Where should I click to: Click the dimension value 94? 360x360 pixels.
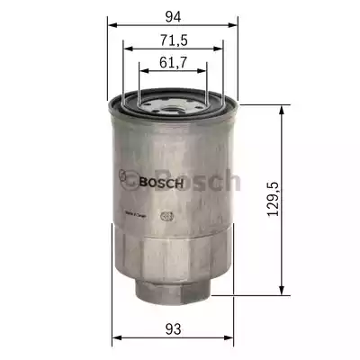[173, 15]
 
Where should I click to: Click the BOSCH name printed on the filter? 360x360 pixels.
[163, 182]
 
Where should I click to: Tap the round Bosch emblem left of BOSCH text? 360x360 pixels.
[129, 181]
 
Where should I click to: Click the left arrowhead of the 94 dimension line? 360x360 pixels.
[112, 24]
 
